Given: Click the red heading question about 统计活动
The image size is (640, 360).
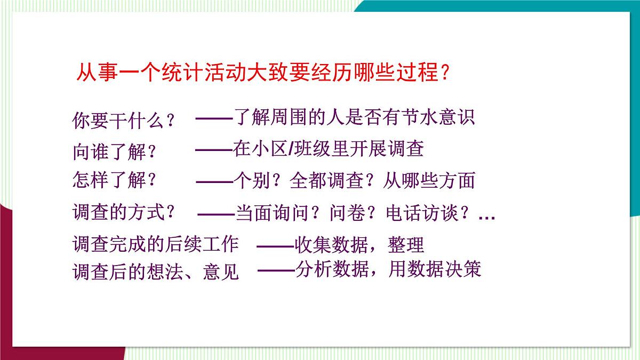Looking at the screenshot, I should tap(262, 72).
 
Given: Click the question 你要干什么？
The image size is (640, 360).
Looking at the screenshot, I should tap(124, 121).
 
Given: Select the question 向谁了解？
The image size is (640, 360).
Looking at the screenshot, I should tap(115, 152).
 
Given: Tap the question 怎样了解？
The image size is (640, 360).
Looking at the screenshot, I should tap(115, 180).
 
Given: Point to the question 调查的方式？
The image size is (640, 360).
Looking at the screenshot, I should tap(124, 213).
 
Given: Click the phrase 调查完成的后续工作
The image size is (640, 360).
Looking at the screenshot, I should tap(155, 244).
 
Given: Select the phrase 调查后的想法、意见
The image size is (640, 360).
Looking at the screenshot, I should tap(155, 273).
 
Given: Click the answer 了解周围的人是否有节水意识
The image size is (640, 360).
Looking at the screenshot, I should tap(354, 117).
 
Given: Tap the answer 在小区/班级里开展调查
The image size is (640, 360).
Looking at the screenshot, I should tap(328, 149).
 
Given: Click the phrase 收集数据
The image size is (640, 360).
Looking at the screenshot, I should tap(331, 245).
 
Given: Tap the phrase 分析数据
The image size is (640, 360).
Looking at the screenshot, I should tap(331, 270).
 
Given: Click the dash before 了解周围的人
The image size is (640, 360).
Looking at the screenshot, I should tap(214, 118).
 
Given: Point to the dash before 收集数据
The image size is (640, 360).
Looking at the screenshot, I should tap(275, 246).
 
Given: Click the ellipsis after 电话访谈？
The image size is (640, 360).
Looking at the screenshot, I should tap(487, 217).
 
